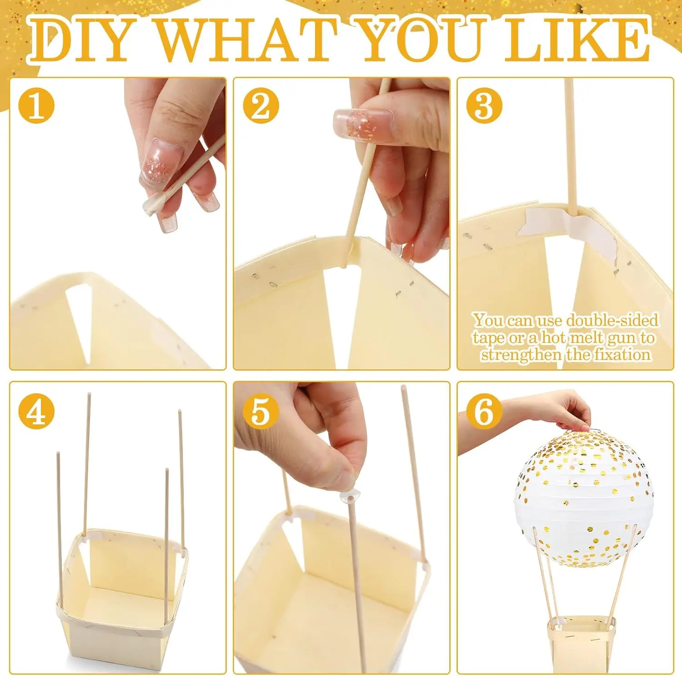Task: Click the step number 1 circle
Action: (36, 106)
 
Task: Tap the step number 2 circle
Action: (261, 106)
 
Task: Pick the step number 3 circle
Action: (484, 106)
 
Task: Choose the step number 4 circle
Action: (36, 412)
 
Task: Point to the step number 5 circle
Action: (261, 412)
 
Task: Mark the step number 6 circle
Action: (484, 412)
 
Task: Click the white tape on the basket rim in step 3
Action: (568, 226)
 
